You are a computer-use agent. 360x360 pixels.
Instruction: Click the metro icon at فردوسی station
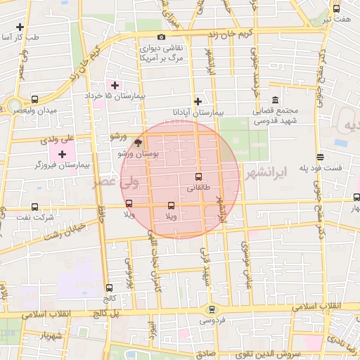click(210, 309)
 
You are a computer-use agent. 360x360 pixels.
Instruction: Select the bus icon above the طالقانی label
click(198, 177)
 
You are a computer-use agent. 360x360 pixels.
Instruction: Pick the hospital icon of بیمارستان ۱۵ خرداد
click(115, 85)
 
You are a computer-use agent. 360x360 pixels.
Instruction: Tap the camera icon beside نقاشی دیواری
click(162, 37)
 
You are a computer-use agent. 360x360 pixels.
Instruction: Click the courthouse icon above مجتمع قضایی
click(274, 99)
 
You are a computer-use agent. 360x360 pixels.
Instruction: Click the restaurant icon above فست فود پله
click(320, 157)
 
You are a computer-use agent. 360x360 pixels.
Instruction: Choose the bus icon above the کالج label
click(108, 288)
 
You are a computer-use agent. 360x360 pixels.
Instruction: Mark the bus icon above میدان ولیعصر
click(35, 99)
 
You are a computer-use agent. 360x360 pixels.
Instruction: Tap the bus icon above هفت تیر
click(336, 9)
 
